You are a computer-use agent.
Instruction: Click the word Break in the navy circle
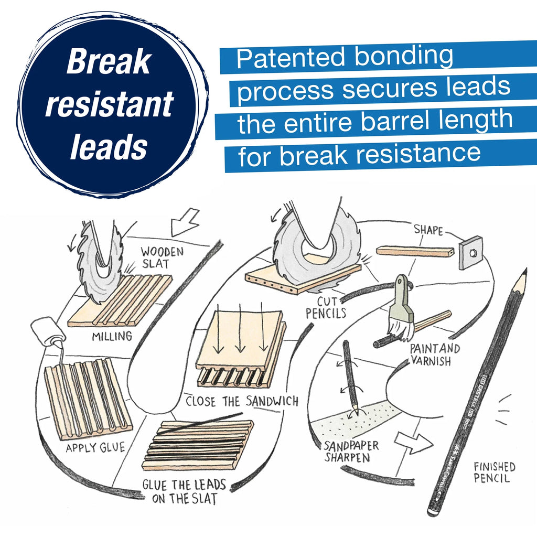point(109,63)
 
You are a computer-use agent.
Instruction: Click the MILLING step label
point(112,336)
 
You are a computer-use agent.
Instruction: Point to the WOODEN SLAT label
point(162,257)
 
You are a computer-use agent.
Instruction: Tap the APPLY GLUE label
point(95,448)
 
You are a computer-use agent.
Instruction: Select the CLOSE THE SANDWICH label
point(242,401)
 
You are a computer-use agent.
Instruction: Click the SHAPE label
point(428,230)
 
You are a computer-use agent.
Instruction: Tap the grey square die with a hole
point(470,252)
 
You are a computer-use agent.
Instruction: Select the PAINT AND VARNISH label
point(435,355)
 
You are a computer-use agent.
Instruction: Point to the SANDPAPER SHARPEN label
point(351,452)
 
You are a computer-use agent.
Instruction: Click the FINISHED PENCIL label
point(494,472)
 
